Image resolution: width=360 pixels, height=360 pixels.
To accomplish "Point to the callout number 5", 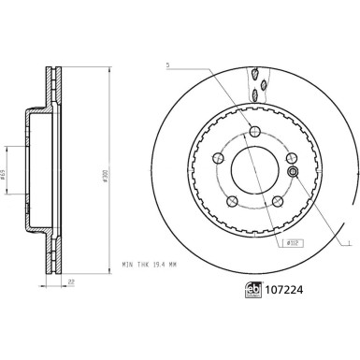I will click(x=167, y=65).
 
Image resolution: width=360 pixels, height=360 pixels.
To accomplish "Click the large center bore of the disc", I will click(x=254, y=175).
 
